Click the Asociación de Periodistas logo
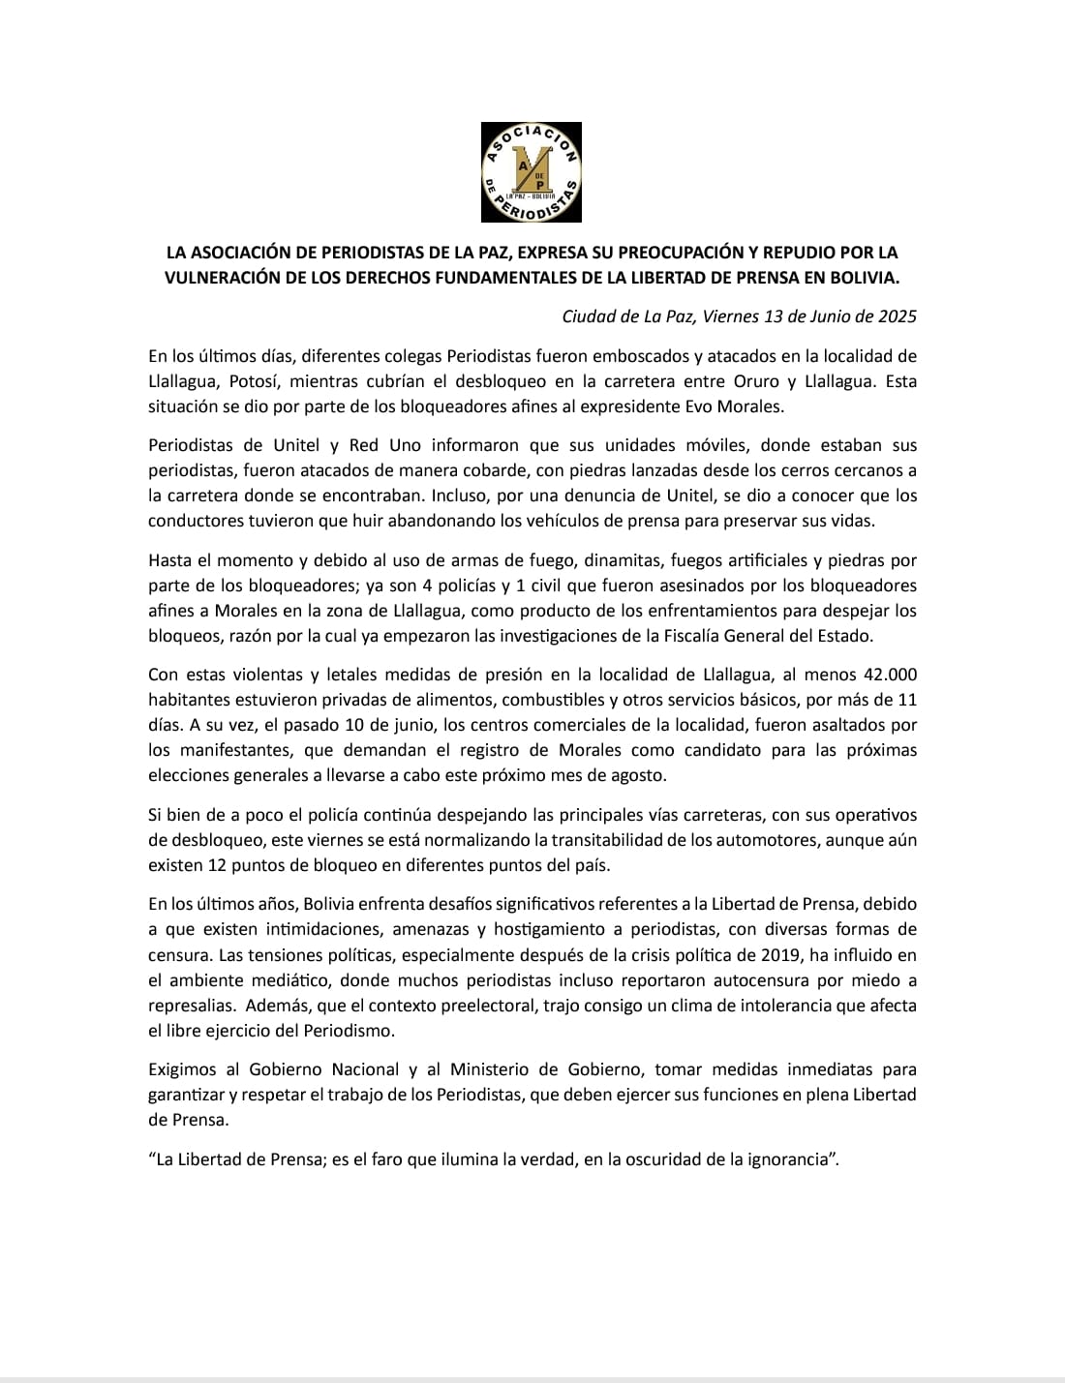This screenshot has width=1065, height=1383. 532,172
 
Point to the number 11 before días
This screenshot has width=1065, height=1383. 907,700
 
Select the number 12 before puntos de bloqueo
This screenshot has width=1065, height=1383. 219,864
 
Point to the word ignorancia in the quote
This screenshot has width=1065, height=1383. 785,1159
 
